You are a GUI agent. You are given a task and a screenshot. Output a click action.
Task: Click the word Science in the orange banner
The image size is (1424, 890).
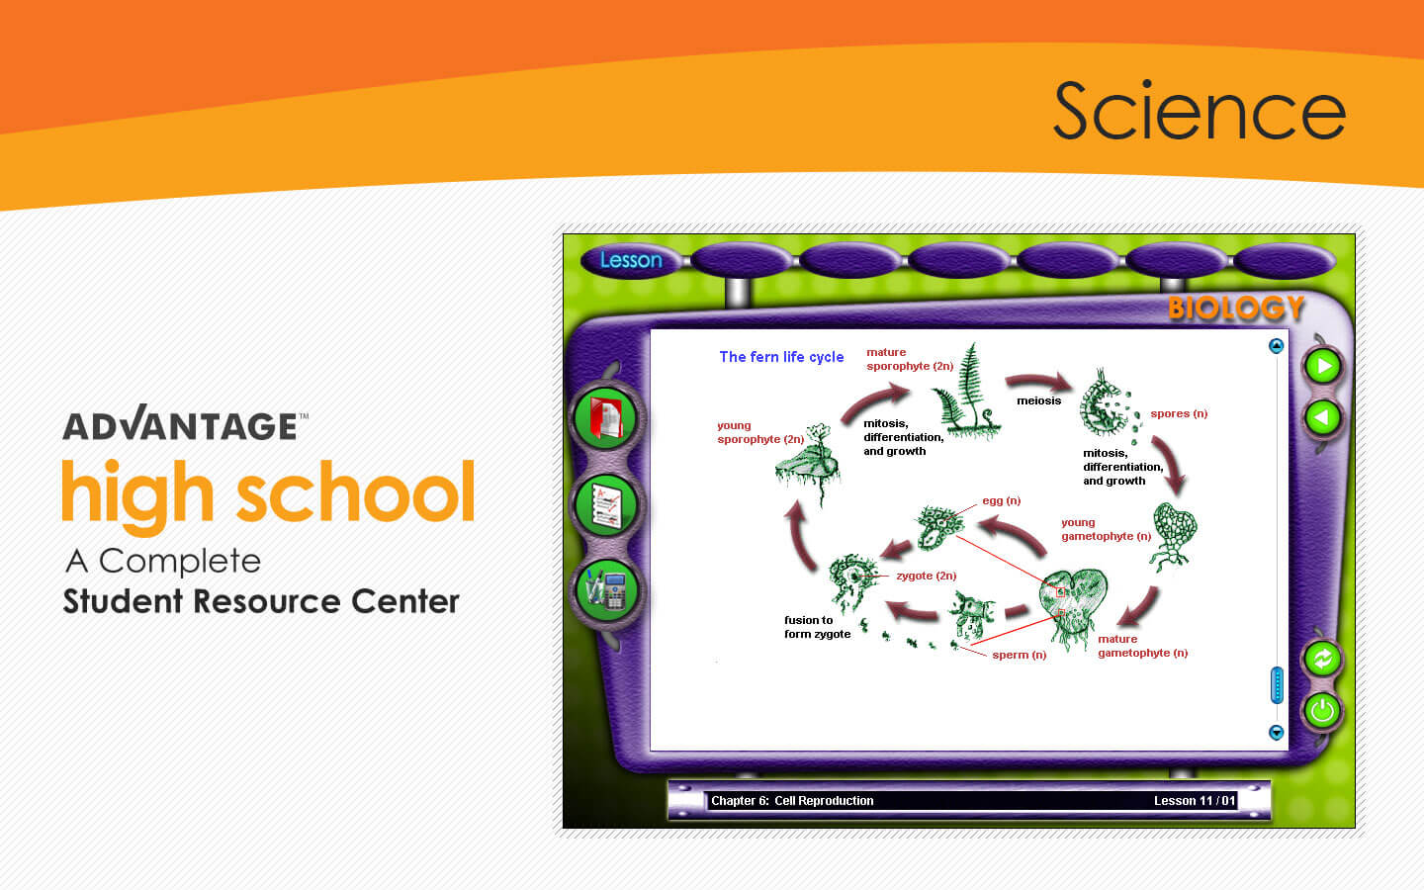[x=1200, y=110]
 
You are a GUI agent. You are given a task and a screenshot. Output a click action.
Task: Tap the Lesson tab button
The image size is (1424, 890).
[x=631, y=260]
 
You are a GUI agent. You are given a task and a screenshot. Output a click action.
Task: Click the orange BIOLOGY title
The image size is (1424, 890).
[x=1236, y=309]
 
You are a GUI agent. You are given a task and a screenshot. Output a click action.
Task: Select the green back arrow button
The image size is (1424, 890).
[x=1323, y=417]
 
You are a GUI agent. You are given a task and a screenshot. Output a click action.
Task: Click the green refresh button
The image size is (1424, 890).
[x=1323, y=659]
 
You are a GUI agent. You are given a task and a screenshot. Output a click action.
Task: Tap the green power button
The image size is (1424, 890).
[x=1323, y=710]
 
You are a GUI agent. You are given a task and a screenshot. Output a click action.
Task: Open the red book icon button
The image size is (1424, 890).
[x=605, y=418]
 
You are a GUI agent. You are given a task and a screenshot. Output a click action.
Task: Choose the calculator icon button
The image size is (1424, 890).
[x=606, y=590]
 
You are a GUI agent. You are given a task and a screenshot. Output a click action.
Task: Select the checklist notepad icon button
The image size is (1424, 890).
[x=606, y=505]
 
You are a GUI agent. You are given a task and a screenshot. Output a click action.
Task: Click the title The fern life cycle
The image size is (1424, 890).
[x=781, y=357]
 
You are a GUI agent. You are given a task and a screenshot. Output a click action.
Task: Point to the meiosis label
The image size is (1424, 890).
[x=1038, y=400]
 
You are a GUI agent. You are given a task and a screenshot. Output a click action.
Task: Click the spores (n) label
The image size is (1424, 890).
[x=1179, y=413]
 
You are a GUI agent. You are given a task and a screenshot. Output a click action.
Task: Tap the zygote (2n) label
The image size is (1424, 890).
[x=927, y=576]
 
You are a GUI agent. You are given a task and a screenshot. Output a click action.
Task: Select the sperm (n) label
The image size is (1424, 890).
[x=1019, y=655]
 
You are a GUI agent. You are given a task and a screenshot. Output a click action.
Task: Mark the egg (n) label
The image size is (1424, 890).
[x=1001, y=501]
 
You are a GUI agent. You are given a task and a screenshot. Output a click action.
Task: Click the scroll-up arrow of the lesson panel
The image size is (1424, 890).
[x=1276, y=346]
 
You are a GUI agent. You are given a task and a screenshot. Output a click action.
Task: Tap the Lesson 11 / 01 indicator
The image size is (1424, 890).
[x=1195, y=801]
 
